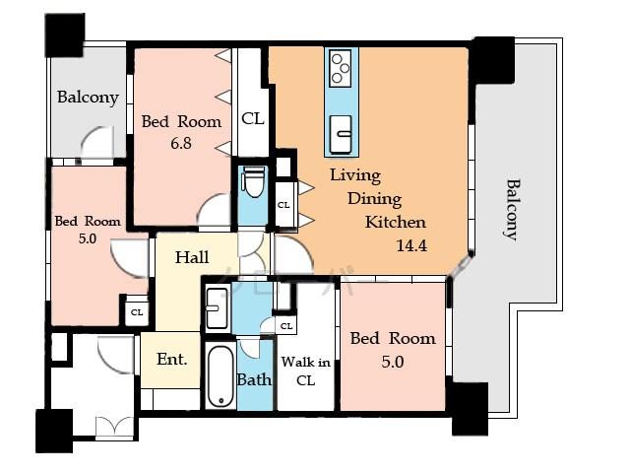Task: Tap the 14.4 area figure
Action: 410,244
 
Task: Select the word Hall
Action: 191,258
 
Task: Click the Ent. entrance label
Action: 171,361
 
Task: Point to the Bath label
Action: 253,379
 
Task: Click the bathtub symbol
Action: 220,376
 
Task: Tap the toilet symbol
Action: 252,183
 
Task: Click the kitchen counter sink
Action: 341,128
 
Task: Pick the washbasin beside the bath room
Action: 217,309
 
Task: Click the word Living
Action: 354,175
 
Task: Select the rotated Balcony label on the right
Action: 511,208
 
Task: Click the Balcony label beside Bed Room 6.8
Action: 87,98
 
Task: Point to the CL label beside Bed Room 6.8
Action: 253,118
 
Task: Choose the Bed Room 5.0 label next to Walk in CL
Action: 393,349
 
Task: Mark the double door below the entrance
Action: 113,427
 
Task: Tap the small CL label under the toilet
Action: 283,205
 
